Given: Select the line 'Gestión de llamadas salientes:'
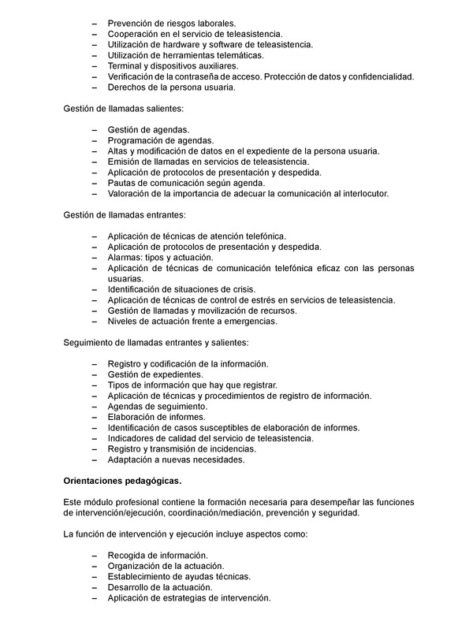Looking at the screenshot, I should tap(123, 108).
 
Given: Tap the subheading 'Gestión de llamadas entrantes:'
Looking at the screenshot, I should tap(124, 214).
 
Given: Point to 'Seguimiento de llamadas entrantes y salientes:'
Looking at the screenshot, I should tap(155, 342).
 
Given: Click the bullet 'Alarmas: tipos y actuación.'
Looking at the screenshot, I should tap(161, 257).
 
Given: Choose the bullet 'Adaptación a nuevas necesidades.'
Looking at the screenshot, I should tap(177, 459).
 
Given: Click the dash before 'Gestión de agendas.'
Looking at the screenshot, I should tap(95, 129).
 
